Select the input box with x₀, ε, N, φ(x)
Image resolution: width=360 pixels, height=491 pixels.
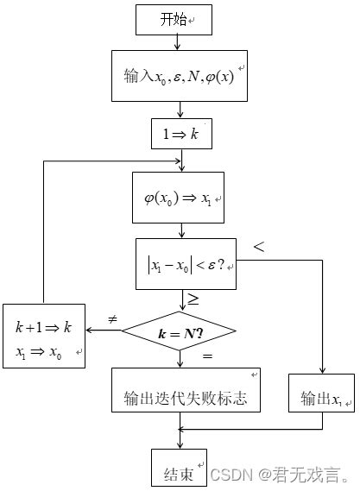[x=179, y=77]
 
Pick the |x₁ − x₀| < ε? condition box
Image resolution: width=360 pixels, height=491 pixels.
[x=186, y=263]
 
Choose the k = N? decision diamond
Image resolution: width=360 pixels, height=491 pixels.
[x=180, y=331]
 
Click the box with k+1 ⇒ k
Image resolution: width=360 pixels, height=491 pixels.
[x=43, y=336]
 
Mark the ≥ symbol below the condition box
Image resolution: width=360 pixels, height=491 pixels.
[x=194, y=299]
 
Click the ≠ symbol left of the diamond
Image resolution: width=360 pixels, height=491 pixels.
[x=111, y=320]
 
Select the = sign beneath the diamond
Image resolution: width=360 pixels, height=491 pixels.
[x=206, y=356]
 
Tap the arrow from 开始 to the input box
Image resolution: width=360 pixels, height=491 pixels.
[x=179, y=41]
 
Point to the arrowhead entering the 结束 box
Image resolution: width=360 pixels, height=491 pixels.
[x=179, y=444]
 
